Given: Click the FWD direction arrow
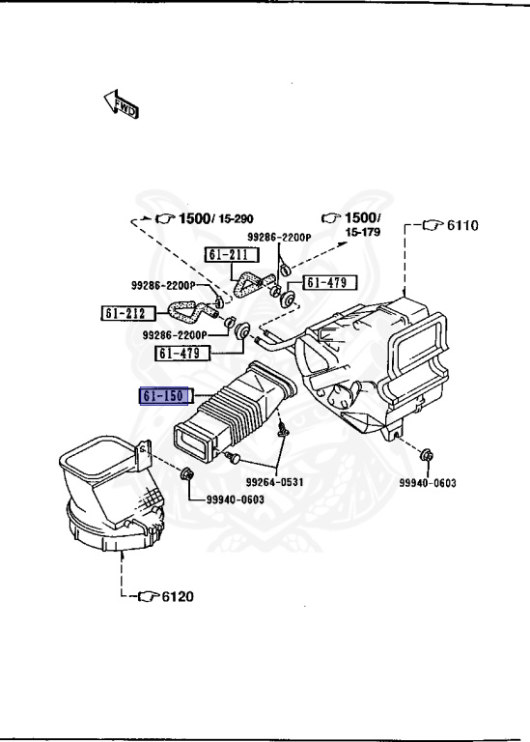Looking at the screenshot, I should (120, 104).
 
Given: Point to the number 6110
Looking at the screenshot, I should (461, 225).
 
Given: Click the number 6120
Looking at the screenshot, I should (177, 595).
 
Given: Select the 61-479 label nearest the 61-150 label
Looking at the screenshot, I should (183, 354).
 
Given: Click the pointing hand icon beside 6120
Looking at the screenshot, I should (148, 595).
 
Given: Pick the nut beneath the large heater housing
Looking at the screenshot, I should (427, 452).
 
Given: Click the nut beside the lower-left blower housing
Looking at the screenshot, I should (188, 473).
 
